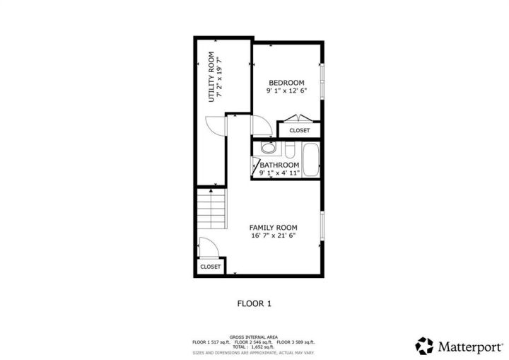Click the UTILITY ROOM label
pyautogui.click(x=211, y=77)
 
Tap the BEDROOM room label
pyautogui.click(x=286, y=83)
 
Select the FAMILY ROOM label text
pyautogui.click(x=274, y=228)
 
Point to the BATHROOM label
pyautogui.click(x=279, y=165)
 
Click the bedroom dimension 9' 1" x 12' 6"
pyautogui.click(x=286, y=91)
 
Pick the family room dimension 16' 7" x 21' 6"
pyautogui.click(x=274, y=236)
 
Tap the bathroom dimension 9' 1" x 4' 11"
pyautogui.click(x=279, y=173)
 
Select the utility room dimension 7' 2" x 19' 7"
pyautogui.click(x=220, y=77)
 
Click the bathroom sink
pyautogui.click(x=268, y=149)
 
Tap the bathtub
pyautogui.click(x=310, y=160)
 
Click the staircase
pyautogui.click(x=211, y=209)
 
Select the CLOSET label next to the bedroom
pyautogui.click(x=300, y=131)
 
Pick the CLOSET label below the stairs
pyautogui.click(x=211, y=267)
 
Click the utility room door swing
pyautogui.click(x=215, y=126)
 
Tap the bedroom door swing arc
pyautogui.click(x=262, y=125)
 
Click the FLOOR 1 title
pyautogui.click(x=255, y=304)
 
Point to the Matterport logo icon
pyautogui.click(x=424, y=346)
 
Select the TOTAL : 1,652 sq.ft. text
pyautogui.click(x=254, y=347)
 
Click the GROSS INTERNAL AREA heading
pyautogui.click(x=254, y=337)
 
